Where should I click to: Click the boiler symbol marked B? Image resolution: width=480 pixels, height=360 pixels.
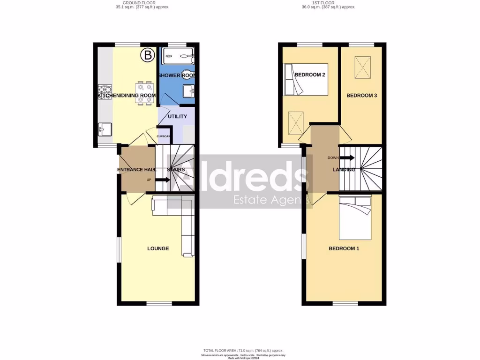coord(148,56)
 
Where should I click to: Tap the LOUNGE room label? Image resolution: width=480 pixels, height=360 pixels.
coord(158,248)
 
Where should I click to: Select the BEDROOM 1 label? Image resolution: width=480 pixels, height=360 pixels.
coord(344,248)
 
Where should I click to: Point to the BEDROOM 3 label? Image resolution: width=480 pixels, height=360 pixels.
coord(362,96)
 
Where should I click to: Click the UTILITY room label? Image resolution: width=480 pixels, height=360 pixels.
coord(177,116)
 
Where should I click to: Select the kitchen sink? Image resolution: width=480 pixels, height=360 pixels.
coord(105,128)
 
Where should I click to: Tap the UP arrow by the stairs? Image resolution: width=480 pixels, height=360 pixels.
coord(163,180)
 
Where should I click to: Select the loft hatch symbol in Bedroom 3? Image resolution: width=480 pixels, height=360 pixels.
coord(361,63)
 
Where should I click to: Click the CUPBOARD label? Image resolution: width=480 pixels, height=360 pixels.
coord(164,136)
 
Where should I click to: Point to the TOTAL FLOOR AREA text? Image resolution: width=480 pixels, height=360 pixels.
coord(243,351)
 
